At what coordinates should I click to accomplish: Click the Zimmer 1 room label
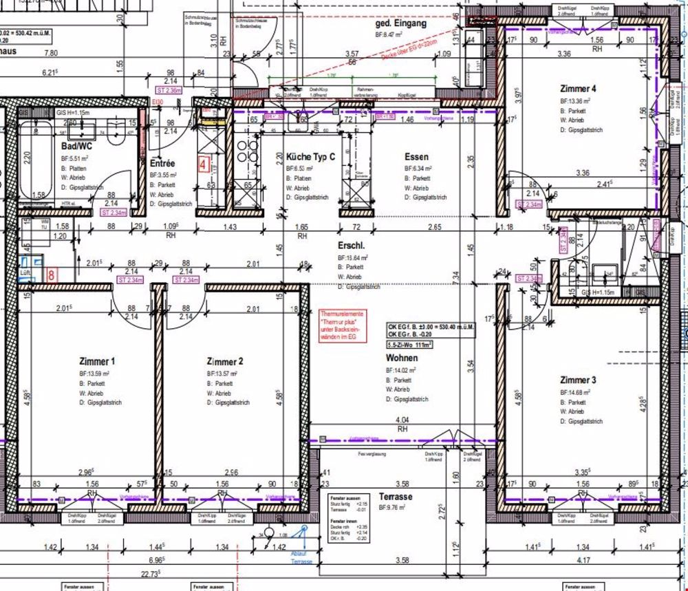97,361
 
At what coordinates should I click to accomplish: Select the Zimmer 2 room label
225,361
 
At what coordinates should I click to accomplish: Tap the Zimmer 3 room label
578,380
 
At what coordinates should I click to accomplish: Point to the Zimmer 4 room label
578,89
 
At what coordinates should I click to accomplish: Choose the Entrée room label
162,164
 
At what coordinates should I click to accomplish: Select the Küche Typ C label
310,157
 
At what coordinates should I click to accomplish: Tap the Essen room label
416,157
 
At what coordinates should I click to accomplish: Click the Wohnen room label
402,358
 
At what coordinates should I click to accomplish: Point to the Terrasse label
395,496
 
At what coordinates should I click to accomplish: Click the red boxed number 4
203,164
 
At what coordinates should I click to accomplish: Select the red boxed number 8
52,274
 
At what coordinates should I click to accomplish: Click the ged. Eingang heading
400,23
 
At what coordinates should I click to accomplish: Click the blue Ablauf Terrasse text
300,557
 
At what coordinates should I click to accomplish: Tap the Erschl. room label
351,246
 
